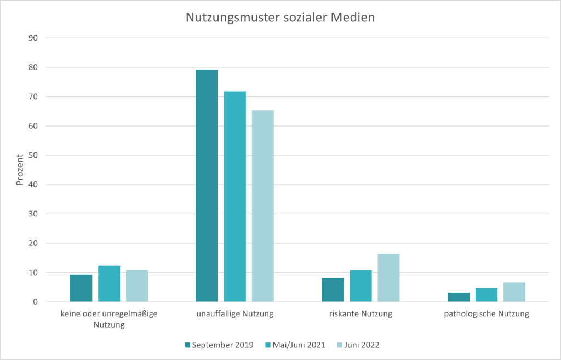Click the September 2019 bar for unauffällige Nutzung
207,186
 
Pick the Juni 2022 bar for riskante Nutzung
388,278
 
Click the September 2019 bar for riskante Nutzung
333,290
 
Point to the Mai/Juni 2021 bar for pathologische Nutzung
486,295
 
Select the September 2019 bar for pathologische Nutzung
459,297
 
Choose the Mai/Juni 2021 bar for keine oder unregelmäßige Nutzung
109,284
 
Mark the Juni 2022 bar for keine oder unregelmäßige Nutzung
137,285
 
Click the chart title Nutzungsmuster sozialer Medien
280,18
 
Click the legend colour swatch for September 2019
187,345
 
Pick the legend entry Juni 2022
359,345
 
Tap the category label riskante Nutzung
360,315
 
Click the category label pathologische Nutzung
486,315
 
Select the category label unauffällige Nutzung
234,315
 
